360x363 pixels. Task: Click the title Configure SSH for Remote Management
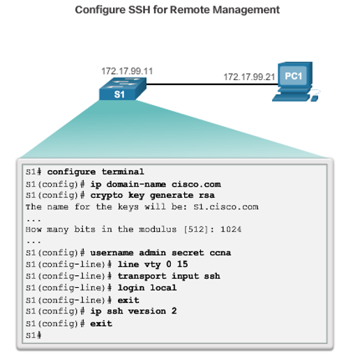pyautogui.click(x=177, y=10)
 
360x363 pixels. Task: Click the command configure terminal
pyautogui.click(x=96, y=171)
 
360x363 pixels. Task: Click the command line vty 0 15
pyautogui.click(x=153, y=264)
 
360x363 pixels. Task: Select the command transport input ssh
pyautogui.click(x=168, y=276)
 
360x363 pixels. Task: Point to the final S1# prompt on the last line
pyautogui.click(x=33, y=334)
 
